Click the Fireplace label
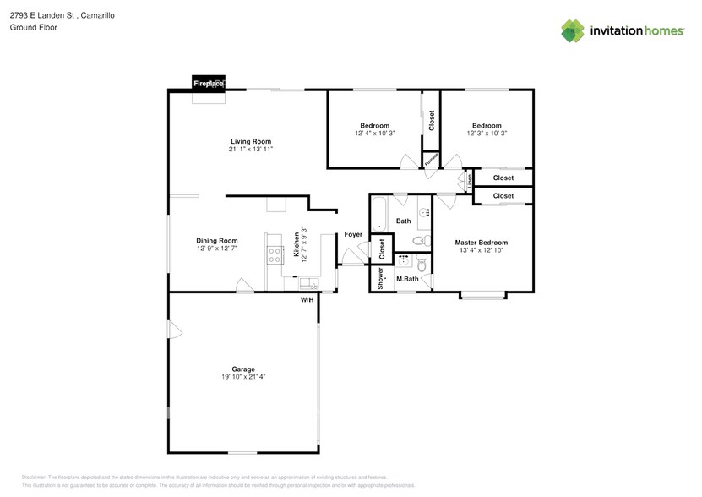208,84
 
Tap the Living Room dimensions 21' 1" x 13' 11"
251,150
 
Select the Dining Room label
217,240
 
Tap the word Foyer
353,235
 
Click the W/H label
307,300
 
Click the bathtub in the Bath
380,214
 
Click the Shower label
381,278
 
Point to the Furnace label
431,159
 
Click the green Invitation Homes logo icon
574,31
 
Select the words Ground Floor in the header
30,28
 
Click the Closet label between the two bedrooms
431,121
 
